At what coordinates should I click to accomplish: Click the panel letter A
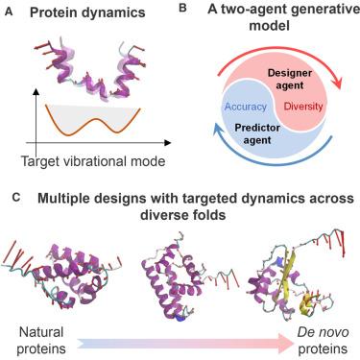(10, 12)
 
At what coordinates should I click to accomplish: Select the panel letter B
(182, 8)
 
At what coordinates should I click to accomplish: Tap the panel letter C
(16, 198)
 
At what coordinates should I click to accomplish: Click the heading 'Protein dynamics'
(87, 12)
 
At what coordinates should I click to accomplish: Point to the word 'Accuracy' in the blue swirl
(246, 107)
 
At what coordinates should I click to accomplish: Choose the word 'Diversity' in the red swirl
(303, 107)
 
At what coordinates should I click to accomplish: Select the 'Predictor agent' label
(257, 133)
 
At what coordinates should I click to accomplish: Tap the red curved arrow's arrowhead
(336, 83)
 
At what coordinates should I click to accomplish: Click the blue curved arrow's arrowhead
(219, 130)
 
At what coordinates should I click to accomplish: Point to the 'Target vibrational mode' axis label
(93, 161)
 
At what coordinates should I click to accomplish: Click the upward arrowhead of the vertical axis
(36, 92)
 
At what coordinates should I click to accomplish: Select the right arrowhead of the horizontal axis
(167, 143)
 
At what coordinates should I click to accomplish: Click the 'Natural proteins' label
(41, 341)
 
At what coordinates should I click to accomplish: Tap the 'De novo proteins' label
(323, 341)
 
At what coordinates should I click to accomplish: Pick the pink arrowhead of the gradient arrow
(285, 344)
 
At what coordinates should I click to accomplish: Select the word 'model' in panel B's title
(269, 25)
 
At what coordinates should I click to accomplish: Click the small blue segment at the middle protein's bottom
(180, 318)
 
